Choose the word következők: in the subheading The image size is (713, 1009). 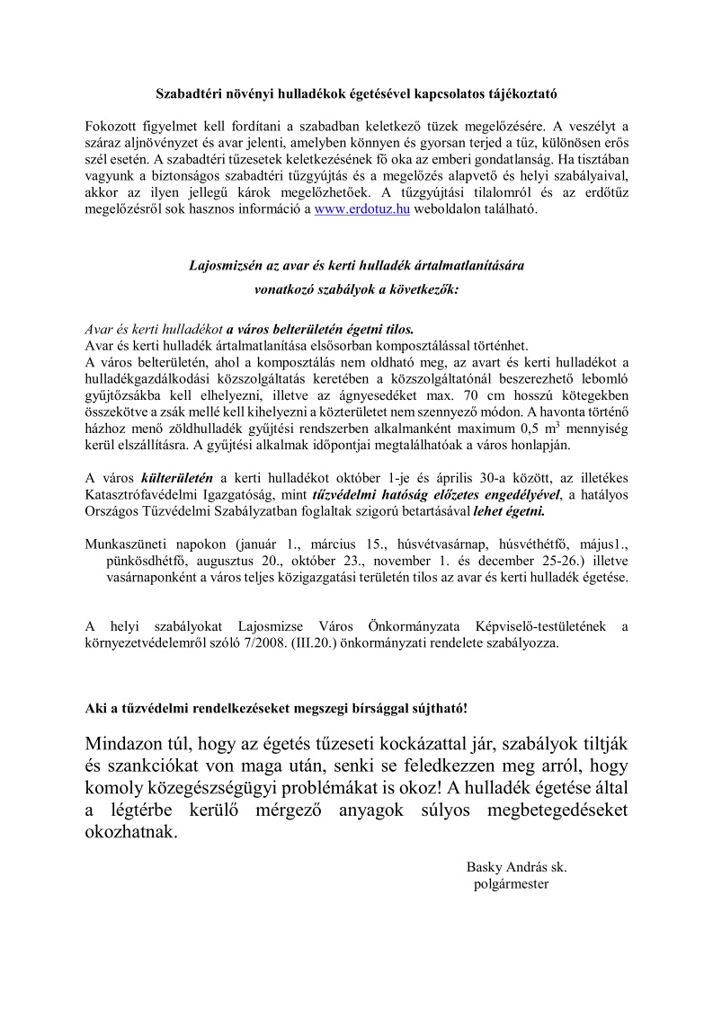pyautogui.click(x=415, y=290)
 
